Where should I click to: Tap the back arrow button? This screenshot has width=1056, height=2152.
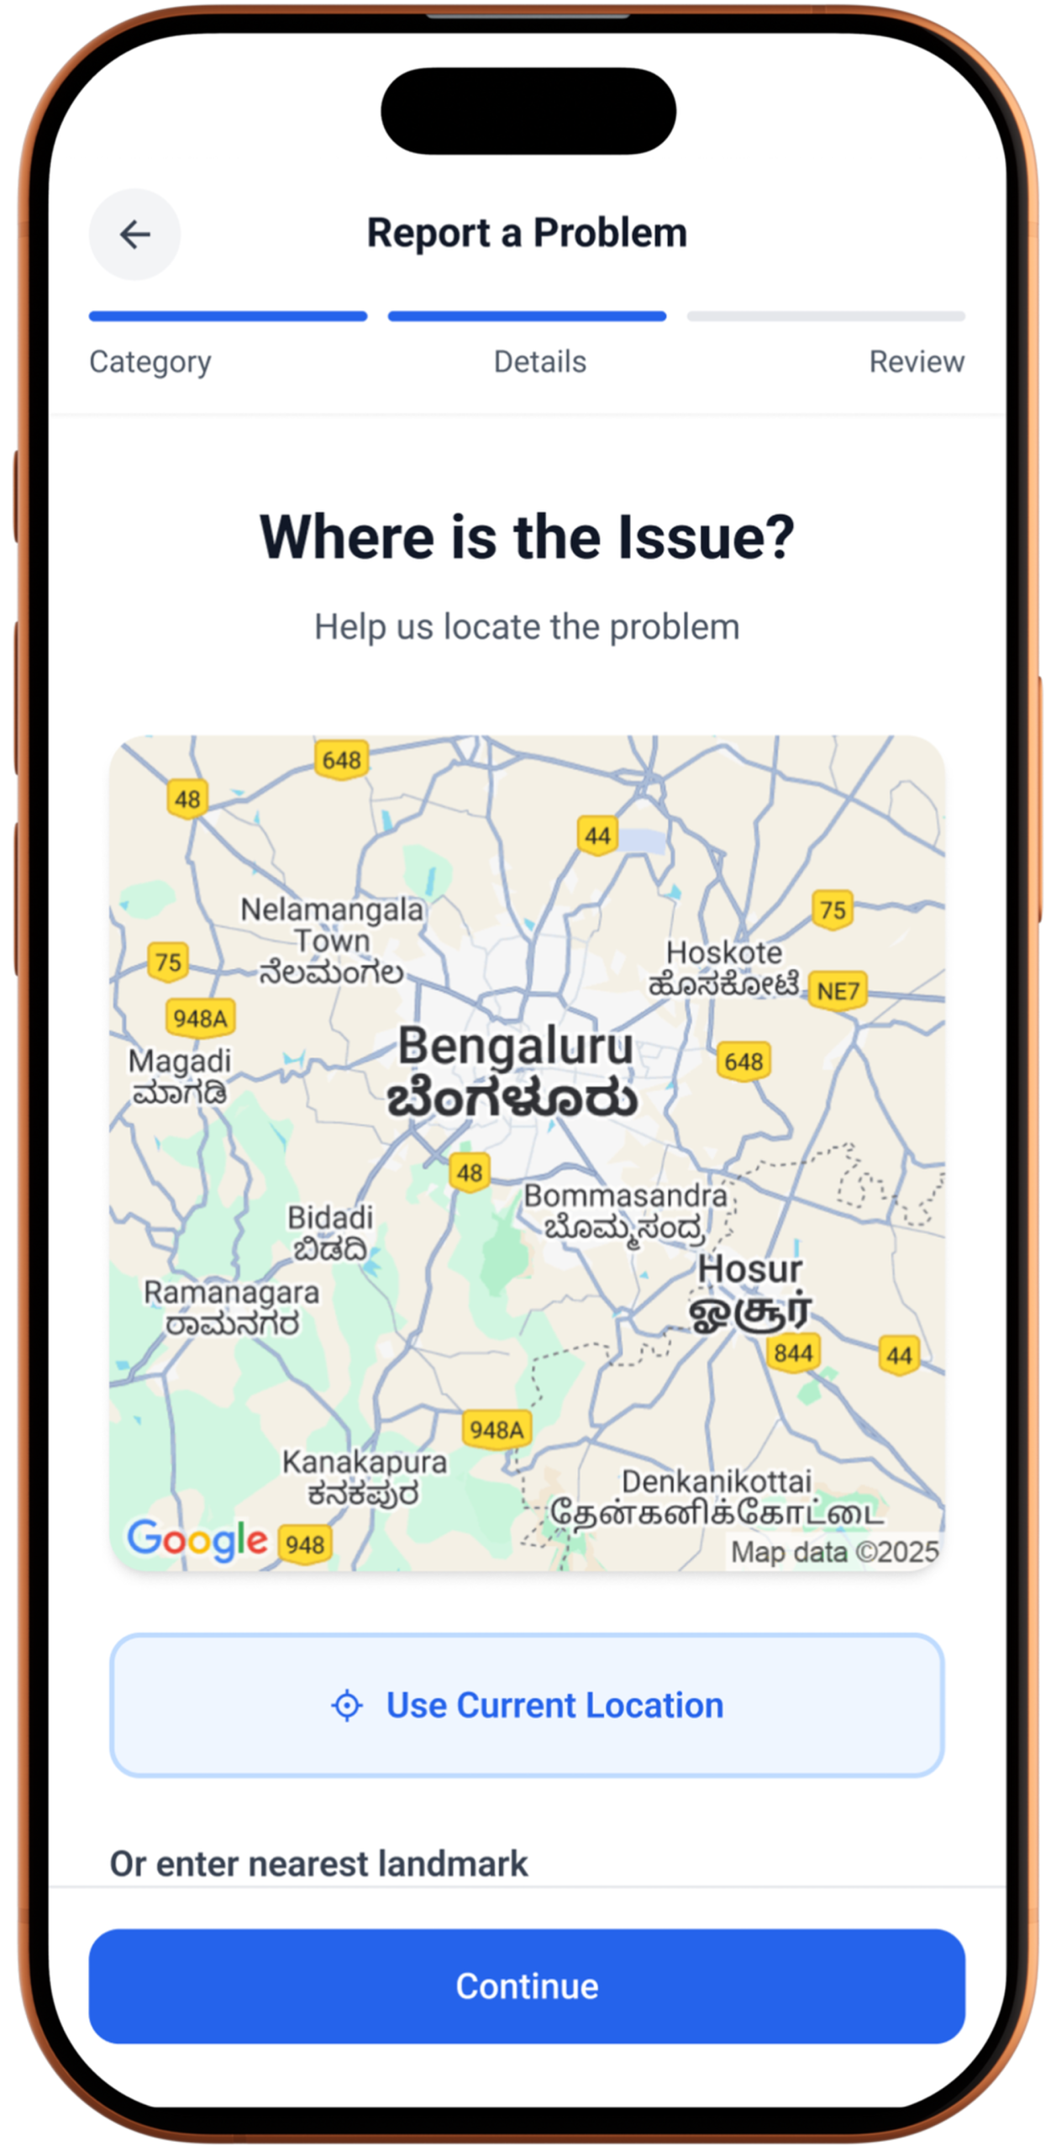tap(134, 235)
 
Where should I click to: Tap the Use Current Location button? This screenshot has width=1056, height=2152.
tap(527, 1706)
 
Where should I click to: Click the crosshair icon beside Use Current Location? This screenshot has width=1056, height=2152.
tap(347, 1706)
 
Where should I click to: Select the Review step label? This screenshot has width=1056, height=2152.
tap(916, 361)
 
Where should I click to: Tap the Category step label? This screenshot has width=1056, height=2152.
tap(150, 361)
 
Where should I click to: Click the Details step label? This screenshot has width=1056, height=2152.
tap(539, 361)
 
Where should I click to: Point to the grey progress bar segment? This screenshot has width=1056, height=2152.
tap(826, 316)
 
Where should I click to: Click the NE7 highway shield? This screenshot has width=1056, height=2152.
tap(838, 991)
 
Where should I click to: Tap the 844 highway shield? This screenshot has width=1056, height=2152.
tap(793, 1353)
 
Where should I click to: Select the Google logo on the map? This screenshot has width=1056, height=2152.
tap(197, 1540)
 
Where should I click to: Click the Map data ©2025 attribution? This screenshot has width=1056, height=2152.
tap(834, 1551)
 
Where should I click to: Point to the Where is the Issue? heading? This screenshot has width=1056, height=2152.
tap(527, 537)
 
